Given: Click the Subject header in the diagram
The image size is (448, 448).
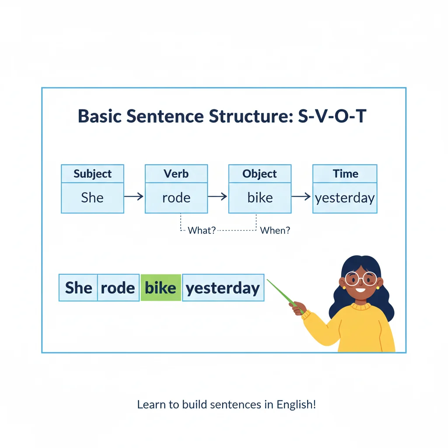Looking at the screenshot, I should coord(92,174).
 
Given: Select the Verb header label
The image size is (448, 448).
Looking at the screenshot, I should coord(176,174).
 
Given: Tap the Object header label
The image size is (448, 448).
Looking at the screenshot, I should coord(259,174).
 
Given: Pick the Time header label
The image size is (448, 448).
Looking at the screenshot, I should coord(345,174).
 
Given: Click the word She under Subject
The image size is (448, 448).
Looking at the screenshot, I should coord(92,197).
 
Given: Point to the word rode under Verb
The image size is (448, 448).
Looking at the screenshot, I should coord(176,197).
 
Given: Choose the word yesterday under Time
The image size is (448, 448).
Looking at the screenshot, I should coord(345,198).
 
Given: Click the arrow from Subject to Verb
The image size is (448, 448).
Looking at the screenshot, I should coord(134,197).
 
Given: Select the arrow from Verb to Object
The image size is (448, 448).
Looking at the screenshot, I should coord(217,197).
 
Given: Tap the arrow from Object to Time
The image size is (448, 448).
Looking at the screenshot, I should coord(301,197).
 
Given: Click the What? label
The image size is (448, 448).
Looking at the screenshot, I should coord(202,230).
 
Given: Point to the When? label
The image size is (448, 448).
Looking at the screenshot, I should coord(275,230).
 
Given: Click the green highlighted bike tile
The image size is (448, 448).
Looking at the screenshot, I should coord(161,288).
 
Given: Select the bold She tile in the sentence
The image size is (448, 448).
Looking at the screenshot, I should coord(78,288).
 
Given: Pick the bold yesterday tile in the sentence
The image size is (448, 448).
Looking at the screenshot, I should coord(223,288).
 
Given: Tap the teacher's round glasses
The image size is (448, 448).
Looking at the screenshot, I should coord(360,278).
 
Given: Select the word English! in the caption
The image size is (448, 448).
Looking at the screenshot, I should coord(296,404).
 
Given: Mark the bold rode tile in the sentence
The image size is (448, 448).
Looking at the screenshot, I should coord(118,288).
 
